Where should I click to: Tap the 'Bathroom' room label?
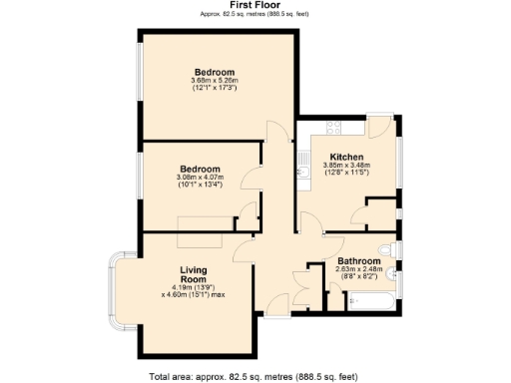coord(357,261)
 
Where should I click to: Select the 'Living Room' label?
coord(193,276)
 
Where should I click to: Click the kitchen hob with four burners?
coord(331,128)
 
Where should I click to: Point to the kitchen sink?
coord(302,160)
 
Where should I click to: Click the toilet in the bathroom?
coord(387,248)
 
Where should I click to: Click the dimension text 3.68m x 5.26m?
coord(214,82)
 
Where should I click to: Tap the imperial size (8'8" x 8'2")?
coord(357,278)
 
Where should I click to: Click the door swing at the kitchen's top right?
coord(380,127)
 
